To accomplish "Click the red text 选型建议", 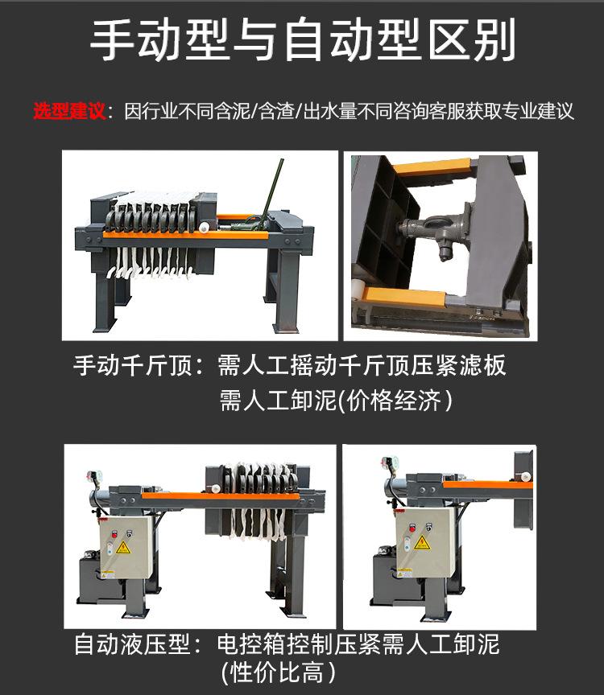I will [68, 111].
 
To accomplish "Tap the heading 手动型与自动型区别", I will [302, 40].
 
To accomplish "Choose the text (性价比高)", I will [277, 672].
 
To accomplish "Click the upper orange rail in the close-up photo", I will [431, 170].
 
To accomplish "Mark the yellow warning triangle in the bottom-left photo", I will [123, 548].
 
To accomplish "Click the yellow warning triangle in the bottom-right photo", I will [423, 542].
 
